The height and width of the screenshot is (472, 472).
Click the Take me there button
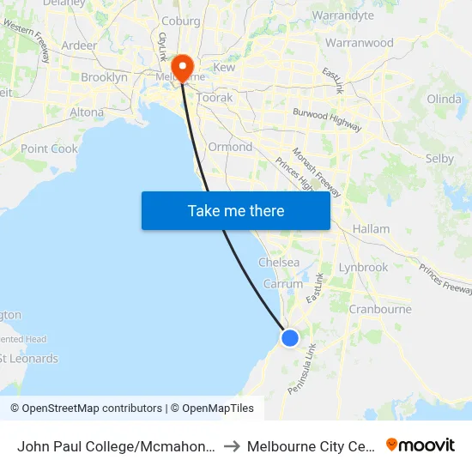(236, 210)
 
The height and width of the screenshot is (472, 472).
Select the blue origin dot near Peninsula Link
(290, 338)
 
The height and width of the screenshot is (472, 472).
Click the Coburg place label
(181, 21)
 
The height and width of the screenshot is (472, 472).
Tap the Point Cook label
(49, 148)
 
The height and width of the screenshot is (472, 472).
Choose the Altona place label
(87, 112)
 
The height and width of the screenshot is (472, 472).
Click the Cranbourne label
(380, 309)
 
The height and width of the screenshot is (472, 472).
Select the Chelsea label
(279, 263)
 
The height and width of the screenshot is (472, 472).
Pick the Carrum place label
(283, 284)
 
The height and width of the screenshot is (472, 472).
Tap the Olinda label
(444, 99)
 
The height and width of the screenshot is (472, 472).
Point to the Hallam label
(371, 229)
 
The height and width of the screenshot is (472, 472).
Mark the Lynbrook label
(363, 267)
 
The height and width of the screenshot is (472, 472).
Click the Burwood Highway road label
(327, 121)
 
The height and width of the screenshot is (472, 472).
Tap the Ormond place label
(231, 147)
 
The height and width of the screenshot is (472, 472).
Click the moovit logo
(421, 445)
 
